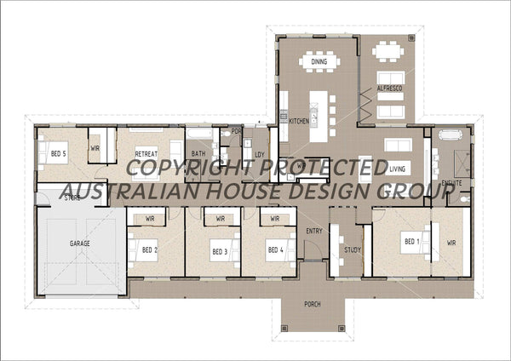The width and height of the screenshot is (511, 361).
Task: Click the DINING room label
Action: (x=319, y=62)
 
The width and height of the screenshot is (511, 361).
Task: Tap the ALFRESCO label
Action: (x=389, y=89)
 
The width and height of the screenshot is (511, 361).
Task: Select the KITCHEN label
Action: (x=299, y=122)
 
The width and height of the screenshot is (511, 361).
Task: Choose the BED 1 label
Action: (x=412, y=242)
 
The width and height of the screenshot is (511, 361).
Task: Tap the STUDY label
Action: (x=353, y=250)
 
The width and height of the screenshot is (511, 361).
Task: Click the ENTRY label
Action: (x=314, y=231)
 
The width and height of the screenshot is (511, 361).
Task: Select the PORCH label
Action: (x=313, y=304)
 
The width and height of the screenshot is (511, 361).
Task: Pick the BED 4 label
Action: (x=274, y=250)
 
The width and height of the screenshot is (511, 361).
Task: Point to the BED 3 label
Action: (x=220, y=251)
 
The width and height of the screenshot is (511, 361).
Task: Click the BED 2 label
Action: (x=149, y=250)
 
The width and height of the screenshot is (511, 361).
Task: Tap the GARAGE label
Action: (x=79, y=244)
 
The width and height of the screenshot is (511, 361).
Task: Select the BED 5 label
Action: (x=58, y=154)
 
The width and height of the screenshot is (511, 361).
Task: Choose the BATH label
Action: (x=198, y=154)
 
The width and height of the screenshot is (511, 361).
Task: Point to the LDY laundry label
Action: (x=259, y=154)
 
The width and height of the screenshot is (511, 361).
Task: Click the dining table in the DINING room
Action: (x=319, y=61)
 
